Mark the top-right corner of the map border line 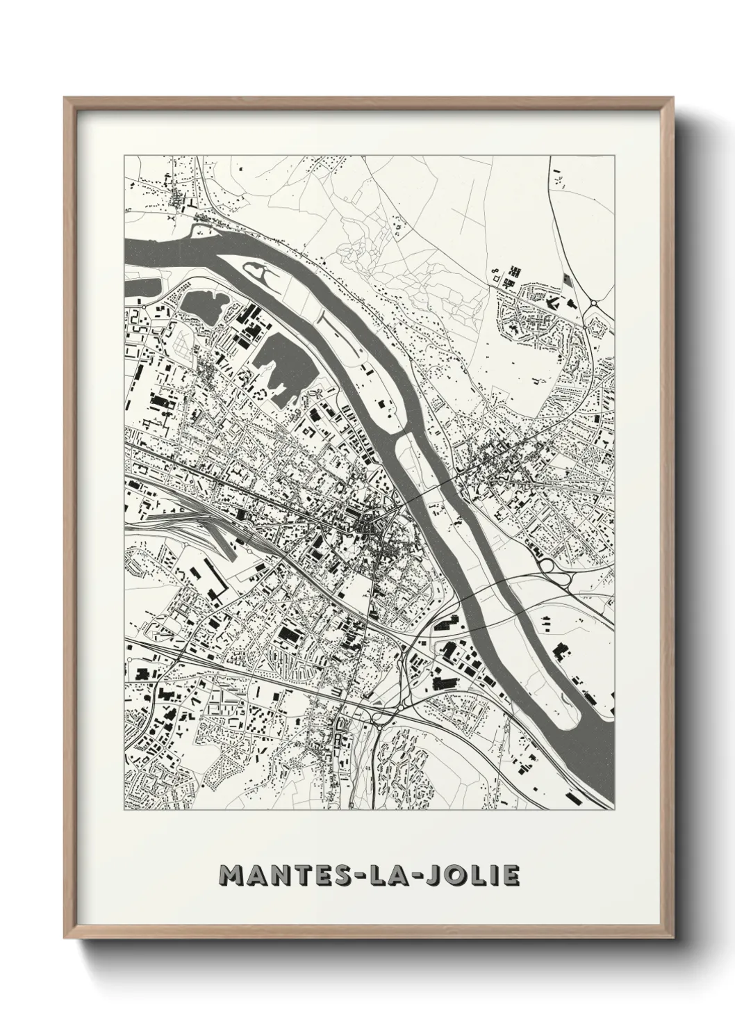point(616,155)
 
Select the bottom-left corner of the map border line point(124,811)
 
